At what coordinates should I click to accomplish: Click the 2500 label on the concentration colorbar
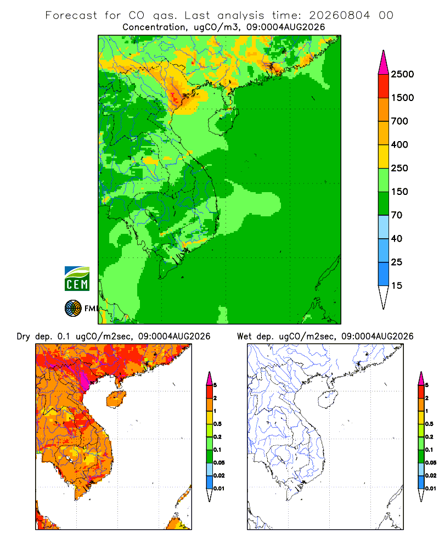pyautogui.click(x=402, y=74)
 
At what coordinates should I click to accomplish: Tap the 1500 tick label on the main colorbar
pyautogui.click(x=402, y=98)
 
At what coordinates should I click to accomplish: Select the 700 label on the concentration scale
pyautogui.click(x=399, y=121)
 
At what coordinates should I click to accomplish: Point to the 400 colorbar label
pyautogui.click(x=399, y=144)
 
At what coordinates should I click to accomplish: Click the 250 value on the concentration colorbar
pyautogui.click(x=399, y=168)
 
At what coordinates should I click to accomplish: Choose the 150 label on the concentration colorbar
pyautogui.click(x=399, y=192)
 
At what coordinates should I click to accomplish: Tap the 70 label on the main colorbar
pyautogui.click(x=397, y=215)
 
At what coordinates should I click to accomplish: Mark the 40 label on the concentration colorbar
pyautogui.click(x=397, y=238)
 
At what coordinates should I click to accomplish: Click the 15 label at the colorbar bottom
pyautogui.click(x=397, y=285)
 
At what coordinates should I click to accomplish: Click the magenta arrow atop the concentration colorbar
pyautogui.click(x=384, y=63)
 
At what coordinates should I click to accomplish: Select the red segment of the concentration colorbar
pyautogui.click(x=384, y=86)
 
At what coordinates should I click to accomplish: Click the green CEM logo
pyautogui.click(x=77, y=279)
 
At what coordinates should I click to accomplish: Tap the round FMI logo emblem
pyautogui.click(x=73, y=309)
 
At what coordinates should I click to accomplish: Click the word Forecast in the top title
pyautogui.click(x=71, y=15)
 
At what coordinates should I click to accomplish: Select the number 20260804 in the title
pyautogui.click(x=339, y=15)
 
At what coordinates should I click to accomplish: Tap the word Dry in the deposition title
pyautogui.click(x=24, y=337)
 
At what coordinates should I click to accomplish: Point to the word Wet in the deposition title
pyautogui.click(x=244, y=337)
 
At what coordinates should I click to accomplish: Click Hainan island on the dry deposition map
pyautogui.click(x=116, y=399)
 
